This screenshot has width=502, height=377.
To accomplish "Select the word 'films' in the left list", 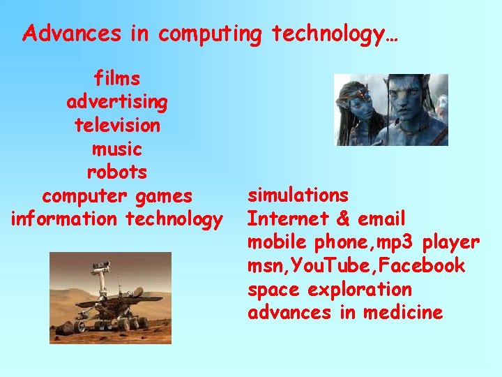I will tap(116, 78).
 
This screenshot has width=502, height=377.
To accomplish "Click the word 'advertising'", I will tap(116, 102).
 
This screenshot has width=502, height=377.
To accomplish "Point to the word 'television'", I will tap(116, 126).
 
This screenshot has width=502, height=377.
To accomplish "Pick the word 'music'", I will tap(116, 149).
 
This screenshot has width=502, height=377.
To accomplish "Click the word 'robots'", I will tap(116, 172).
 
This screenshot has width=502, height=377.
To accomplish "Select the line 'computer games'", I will tap(116, 195).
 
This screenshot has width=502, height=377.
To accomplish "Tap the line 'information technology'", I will tap(116, 219).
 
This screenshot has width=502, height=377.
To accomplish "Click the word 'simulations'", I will tap(298, 195).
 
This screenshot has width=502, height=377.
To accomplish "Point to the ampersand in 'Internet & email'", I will tap(342, 219).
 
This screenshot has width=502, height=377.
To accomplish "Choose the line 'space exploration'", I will tap(329, 289).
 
